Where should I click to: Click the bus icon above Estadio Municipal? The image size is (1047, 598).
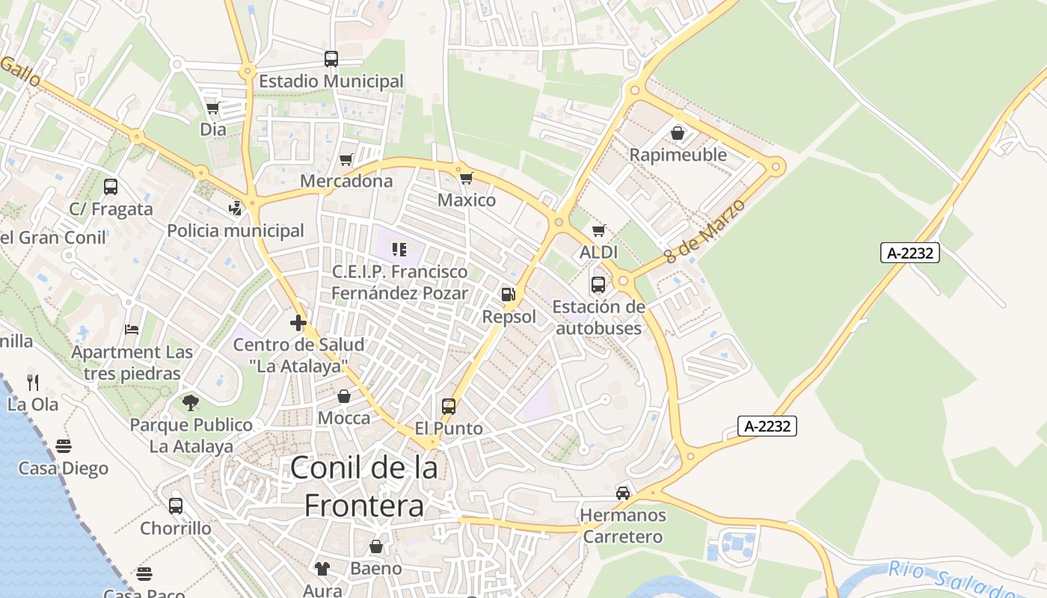click(x=331, y=58)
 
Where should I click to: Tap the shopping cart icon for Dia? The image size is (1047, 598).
click(x=212, y=108)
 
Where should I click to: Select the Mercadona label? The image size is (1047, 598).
click(x=346, y=181)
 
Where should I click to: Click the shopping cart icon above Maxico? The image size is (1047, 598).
click(x=466, y=178)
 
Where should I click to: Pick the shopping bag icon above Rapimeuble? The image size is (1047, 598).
click(x=678, y=133)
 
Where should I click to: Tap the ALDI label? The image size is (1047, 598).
click(x=599, y=253)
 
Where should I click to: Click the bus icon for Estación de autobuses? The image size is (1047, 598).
click(x=598, y=284)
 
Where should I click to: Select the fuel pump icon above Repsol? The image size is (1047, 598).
click(x=509, y=295)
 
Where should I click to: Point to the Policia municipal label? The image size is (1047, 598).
click(x=236, y=230)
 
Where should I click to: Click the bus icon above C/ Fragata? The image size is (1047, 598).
click(x=111, y=187)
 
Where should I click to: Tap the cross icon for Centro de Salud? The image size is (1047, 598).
click(x=298, y=323)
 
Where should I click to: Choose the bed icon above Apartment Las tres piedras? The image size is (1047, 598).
click(x=132, y=329)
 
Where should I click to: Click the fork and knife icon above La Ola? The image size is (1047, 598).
click(x=33, y=383)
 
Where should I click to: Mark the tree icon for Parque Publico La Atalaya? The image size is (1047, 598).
click(x=191, y=403)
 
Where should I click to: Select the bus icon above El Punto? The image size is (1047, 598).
click(x=449, y=407)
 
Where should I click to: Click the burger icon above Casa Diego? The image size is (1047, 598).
click(x=64, y=446)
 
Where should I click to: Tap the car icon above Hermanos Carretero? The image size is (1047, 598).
click(x=623, y=493)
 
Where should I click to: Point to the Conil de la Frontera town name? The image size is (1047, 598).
click(x=364, y=487)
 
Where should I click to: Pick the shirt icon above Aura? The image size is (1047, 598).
click(x=322, y=569)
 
